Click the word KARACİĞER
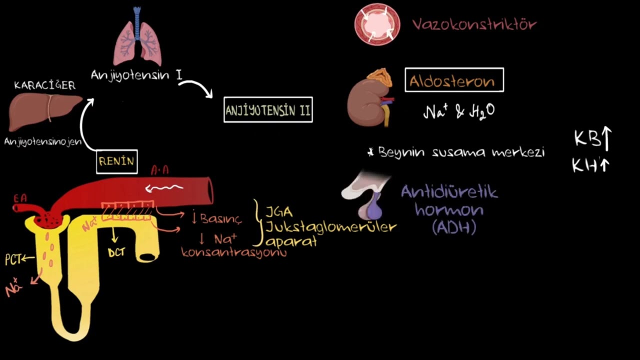45,85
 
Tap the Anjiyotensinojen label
43,141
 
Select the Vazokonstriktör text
474,24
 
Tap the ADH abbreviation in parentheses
454,227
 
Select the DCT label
116,252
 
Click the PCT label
13,259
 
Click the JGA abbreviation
279,212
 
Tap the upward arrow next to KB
606,139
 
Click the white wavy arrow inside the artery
164,188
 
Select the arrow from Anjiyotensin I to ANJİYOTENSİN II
200,85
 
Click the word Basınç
221,219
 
